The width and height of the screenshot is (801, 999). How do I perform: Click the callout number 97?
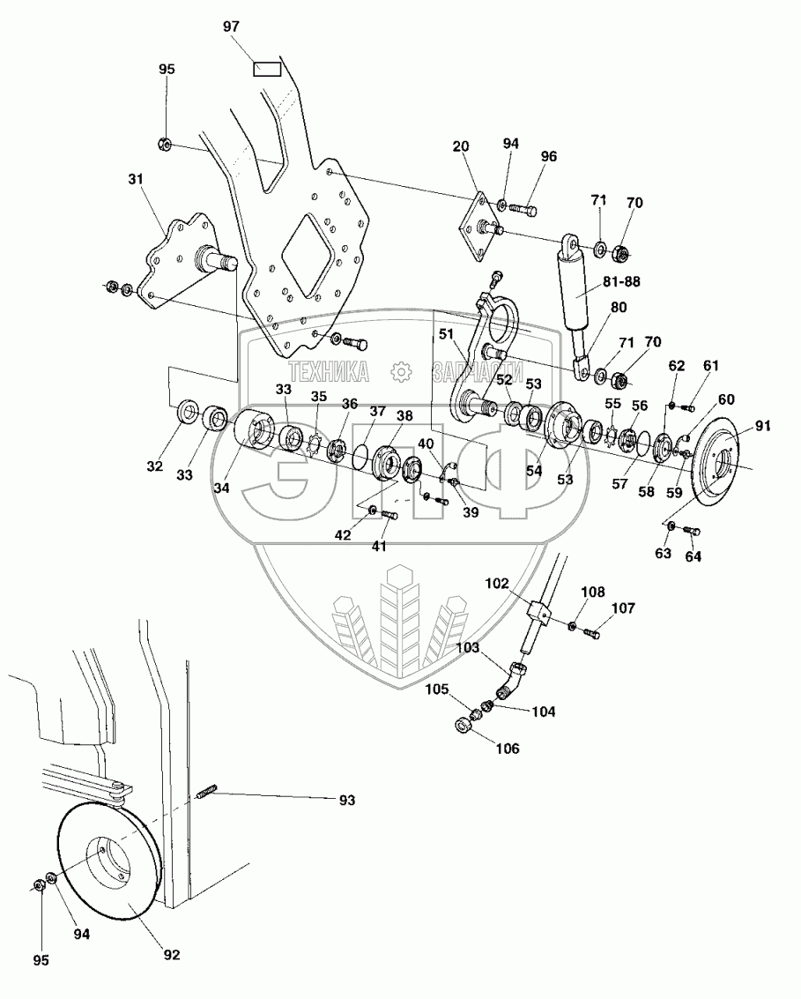(x=232, y=27)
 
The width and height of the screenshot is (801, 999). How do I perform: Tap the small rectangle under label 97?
(x=267, y=68)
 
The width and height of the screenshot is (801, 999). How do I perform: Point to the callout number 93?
(x=347, y=801)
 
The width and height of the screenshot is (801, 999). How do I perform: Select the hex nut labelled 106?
(x=463, y=725)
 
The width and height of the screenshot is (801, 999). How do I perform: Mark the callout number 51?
(x=447, y=334)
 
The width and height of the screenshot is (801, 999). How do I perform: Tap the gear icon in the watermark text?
(x=401, y=372)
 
